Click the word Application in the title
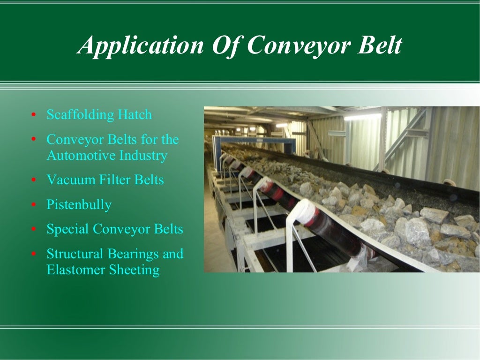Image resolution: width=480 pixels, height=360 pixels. [141, 46]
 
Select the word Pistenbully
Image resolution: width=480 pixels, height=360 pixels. [79, 205]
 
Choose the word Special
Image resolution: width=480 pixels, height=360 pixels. [67, 229]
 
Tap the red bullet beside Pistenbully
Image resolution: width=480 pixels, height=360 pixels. [33, 205]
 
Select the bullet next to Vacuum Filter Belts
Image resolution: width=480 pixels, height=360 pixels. [33, 180]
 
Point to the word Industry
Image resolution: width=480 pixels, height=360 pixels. [142, 155]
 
